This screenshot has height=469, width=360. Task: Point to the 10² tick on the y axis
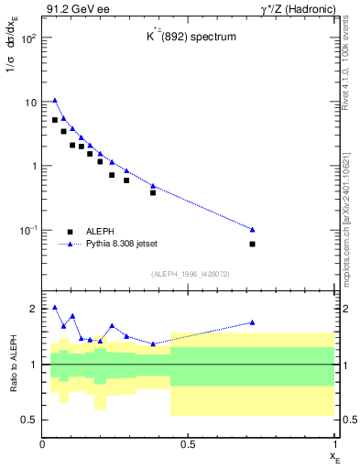(29, 38)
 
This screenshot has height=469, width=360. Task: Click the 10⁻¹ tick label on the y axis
(28, 230)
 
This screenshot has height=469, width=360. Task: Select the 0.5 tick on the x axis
(189, 444)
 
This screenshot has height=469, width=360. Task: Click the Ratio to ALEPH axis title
(12, 364)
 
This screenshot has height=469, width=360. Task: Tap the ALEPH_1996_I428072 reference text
(190, 274)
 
